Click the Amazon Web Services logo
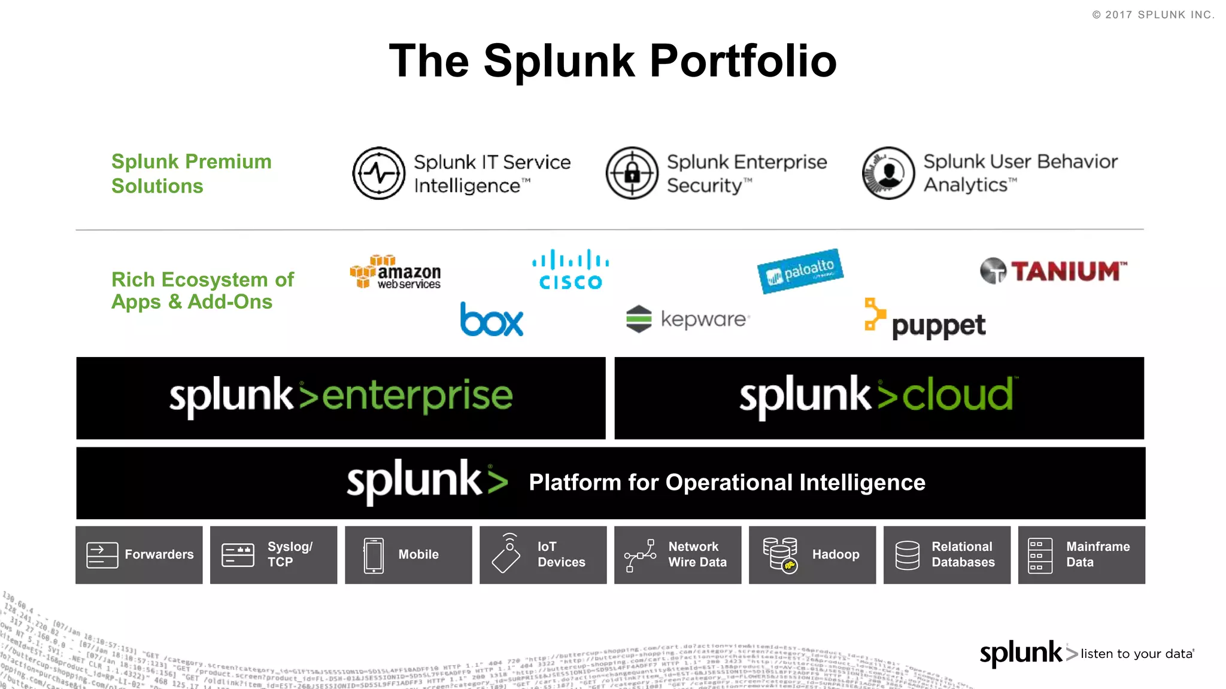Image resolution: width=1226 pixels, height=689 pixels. pyautogui.click(x=396, y=272)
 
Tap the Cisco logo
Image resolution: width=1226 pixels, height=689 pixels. pyautogui.click(x=570, y=270)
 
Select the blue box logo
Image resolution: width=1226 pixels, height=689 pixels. pyautogui.click(x=491, y=319)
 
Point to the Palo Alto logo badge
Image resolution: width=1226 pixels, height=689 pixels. pyautogui.click(x=800, y=271)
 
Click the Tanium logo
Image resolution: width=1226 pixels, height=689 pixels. pyautogui.click(x=1054, y=271)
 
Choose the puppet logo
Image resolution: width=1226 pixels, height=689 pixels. pyautogui.click(x=925, y=319)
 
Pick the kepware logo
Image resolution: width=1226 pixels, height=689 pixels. pyautogui.click(x=688, y=319)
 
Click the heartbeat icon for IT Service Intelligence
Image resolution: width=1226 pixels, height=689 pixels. pyautogui.click(x=379, y=173)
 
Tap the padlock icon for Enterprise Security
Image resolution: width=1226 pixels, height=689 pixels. pyautogui.click(x=632, y=173)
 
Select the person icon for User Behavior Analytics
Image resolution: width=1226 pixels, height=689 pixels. pyautogui.click(x=888, y=173)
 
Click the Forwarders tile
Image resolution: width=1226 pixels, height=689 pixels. pyautogui.click(x=139, y=555)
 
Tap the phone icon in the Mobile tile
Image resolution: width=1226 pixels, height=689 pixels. pyautogui.click(x=374, y=555)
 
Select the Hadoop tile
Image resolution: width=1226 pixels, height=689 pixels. pyautogui.click(x=812, y=555)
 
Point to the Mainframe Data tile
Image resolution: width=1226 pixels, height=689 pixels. pyautogui.click(x=1081, y=555)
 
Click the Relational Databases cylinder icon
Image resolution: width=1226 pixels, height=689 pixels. pyautogui.click(x=907, y=555)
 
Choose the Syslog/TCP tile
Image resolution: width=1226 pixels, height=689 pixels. pyautogui.click(x=274, y=555)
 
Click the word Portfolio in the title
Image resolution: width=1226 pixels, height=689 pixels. pyautogui.click(x=743, y=61)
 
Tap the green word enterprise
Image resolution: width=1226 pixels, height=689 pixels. pyautogui.click(x=417, y=396)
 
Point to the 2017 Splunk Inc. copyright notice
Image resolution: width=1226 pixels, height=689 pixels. pyautogui.click(x=1153, y=15)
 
